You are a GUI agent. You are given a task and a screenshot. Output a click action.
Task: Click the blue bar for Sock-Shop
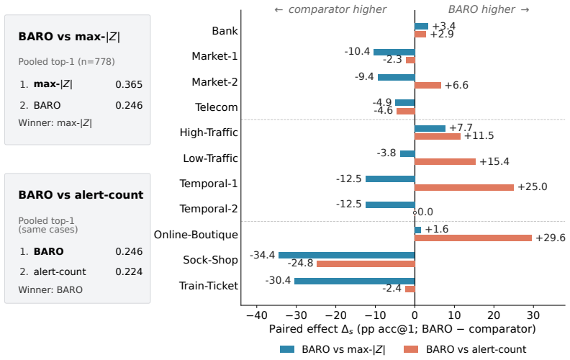(346, 256)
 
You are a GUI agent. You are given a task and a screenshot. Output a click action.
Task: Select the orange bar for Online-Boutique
(473, 238)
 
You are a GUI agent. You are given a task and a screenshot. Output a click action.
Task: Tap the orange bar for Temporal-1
(464, 188)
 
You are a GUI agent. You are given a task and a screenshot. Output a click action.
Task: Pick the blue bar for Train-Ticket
(354, 281)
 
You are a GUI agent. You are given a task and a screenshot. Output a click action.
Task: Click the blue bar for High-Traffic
(430, 128)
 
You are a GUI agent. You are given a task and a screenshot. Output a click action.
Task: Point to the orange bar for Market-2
(428, 86)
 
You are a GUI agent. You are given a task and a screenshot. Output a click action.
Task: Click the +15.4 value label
(494, 161)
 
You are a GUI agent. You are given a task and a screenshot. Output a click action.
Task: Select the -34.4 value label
(263, 256)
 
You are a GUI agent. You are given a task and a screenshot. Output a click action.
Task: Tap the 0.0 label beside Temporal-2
(425, 212)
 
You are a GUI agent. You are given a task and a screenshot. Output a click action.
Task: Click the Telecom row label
(217, 107)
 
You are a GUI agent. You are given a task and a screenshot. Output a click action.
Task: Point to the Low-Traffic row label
(210, 158)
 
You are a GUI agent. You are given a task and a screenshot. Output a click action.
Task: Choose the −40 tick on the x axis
(257, 315)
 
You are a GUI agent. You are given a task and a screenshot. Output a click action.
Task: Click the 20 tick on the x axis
(494, 315)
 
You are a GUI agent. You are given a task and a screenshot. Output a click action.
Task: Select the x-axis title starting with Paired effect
(402, 329)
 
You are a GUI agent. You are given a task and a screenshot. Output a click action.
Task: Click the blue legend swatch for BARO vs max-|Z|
(287, 349)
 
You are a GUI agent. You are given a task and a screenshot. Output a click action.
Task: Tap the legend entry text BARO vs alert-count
(476, 349)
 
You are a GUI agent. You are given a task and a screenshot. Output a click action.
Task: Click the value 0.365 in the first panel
(129, 84)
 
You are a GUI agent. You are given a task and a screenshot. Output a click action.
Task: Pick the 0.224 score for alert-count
(129, 271)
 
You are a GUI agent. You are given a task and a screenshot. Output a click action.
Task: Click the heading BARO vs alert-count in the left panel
(81, 195)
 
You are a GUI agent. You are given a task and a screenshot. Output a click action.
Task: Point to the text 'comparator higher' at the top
(338, 9)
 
